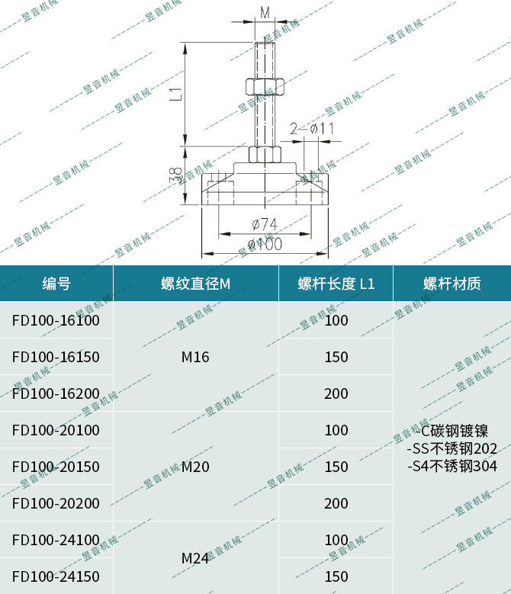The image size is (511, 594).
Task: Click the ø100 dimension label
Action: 265,245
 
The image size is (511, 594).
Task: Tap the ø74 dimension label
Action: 264,224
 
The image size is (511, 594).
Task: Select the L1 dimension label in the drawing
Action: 176,94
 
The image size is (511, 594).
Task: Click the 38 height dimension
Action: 176,176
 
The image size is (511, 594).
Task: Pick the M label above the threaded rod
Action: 265,13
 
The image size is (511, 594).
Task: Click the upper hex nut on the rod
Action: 265,85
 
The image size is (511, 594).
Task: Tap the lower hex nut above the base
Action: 265,155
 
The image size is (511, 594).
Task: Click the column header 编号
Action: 56,284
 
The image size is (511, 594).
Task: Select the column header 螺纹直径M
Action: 195,284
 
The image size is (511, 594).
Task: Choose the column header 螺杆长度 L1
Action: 336,284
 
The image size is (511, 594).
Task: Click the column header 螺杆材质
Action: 452,284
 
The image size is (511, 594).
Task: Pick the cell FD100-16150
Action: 56,357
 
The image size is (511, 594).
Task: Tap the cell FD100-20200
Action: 56,503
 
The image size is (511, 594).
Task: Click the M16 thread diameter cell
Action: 195,357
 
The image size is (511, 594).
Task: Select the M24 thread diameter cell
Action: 195,559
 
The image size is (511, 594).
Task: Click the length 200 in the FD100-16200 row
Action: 336,393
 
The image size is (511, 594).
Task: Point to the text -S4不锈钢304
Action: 452,466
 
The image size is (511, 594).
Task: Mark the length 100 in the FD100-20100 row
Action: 336,430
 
